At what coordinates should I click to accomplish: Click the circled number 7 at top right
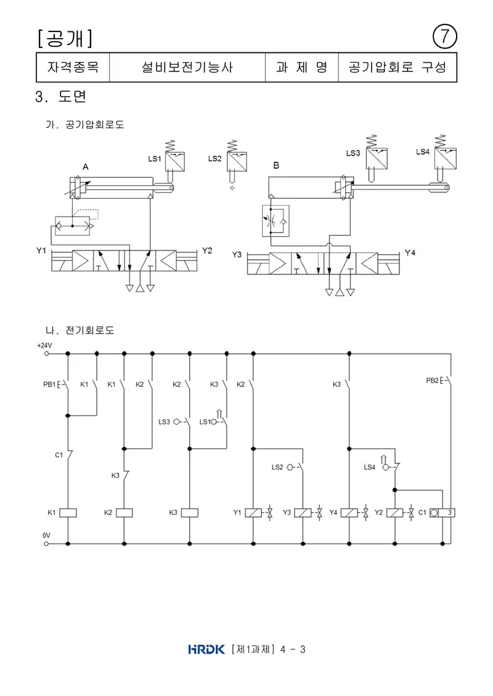pyautogui.click(x=444, y=36)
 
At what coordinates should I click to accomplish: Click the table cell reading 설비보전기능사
pyautogui.click(x=187, y=68)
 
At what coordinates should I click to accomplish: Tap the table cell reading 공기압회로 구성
pyautogui.click(x=397, y=68)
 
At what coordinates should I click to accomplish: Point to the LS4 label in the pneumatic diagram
pyautogui.click(x=422, y=152)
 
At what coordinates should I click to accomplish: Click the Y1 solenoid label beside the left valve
pyautogui.click(x=41, y=251)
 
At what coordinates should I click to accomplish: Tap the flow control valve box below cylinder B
pyautogui.click(x=275, y=220)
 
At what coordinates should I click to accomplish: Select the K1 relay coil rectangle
pyautogui.click(x=68, y=513)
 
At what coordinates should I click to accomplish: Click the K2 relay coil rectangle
pyautogui.click(x=124, y=513)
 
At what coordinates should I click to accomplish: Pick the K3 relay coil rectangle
pyautogui.click(x=190, y=513)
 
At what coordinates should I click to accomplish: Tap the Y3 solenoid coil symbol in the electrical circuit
pyautogui.click(x=303, y=513)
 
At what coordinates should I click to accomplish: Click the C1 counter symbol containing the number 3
pyautogui.click(x=442, y=513)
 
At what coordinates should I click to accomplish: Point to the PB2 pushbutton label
pyautogui.click(x=432, y=380)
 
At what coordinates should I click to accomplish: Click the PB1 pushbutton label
pyautogui.click(x=49, y=385)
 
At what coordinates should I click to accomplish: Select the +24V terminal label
pyautogui.click(x=44, y=345)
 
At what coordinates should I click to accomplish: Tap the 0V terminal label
pyautogui.click(x=47, y=535)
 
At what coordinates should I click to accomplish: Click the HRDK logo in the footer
pyautogui.click(x=206, y=649)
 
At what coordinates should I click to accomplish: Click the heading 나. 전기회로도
pyautogui.click(x=80, y=330)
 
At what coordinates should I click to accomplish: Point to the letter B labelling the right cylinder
pyautogui.click(x=276, y=166)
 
